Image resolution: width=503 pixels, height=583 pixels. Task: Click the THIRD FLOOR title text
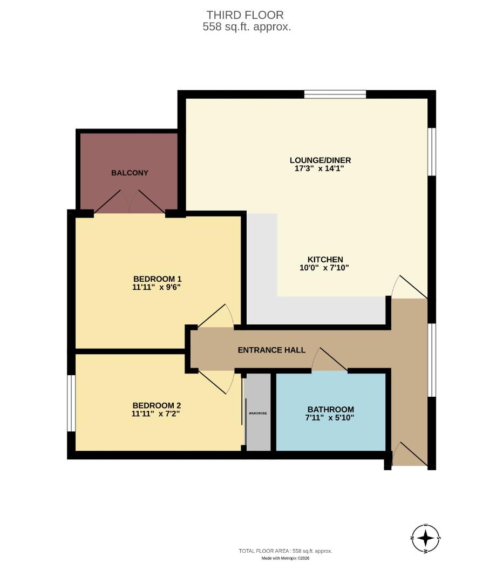click(244, 15)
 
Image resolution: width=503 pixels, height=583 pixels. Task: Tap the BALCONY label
click(130, 173)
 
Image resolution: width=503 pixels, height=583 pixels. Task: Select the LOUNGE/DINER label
click(320, 160)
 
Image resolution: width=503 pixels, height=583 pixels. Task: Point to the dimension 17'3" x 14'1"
click(320, 168)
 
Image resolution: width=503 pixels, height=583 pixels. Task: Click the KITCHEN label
click(325, 259)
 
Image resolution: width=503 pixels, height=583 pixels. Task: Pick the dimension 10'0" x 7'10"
click(325, 268)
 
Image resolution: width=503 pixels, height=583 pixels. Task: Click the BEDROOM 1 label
click(157, 279)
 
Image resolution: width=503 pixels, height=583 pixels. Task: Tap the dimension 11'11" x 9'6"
click(157, 287)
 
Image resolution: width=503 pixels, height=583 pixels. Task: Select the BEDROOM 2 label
click(157, 405)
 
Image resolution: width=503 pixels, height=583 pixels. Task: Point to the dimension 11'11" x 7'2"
click(157, 414)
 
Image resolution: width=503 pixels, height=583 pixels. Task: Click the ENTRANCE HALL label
click(271, 350)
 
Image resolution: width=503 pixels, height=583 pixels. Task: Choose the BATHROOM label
click(330, 409)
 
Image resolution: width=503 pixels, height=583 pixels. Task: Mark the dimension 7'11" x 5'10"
click(330, 417)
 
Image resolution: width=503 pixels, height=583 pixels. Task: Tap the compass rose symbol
click(426, 538)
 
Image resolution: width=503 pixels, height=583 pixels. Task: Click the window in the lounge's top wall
click(335, 94)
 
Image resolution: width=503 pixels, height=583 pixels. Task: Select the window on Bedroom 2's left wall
click(71, 403)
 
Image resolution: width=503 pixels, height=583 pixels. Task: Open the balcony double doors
click(130, 202)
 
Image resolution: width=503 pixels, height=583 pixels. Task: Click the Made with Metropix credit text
click(286, 558)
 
